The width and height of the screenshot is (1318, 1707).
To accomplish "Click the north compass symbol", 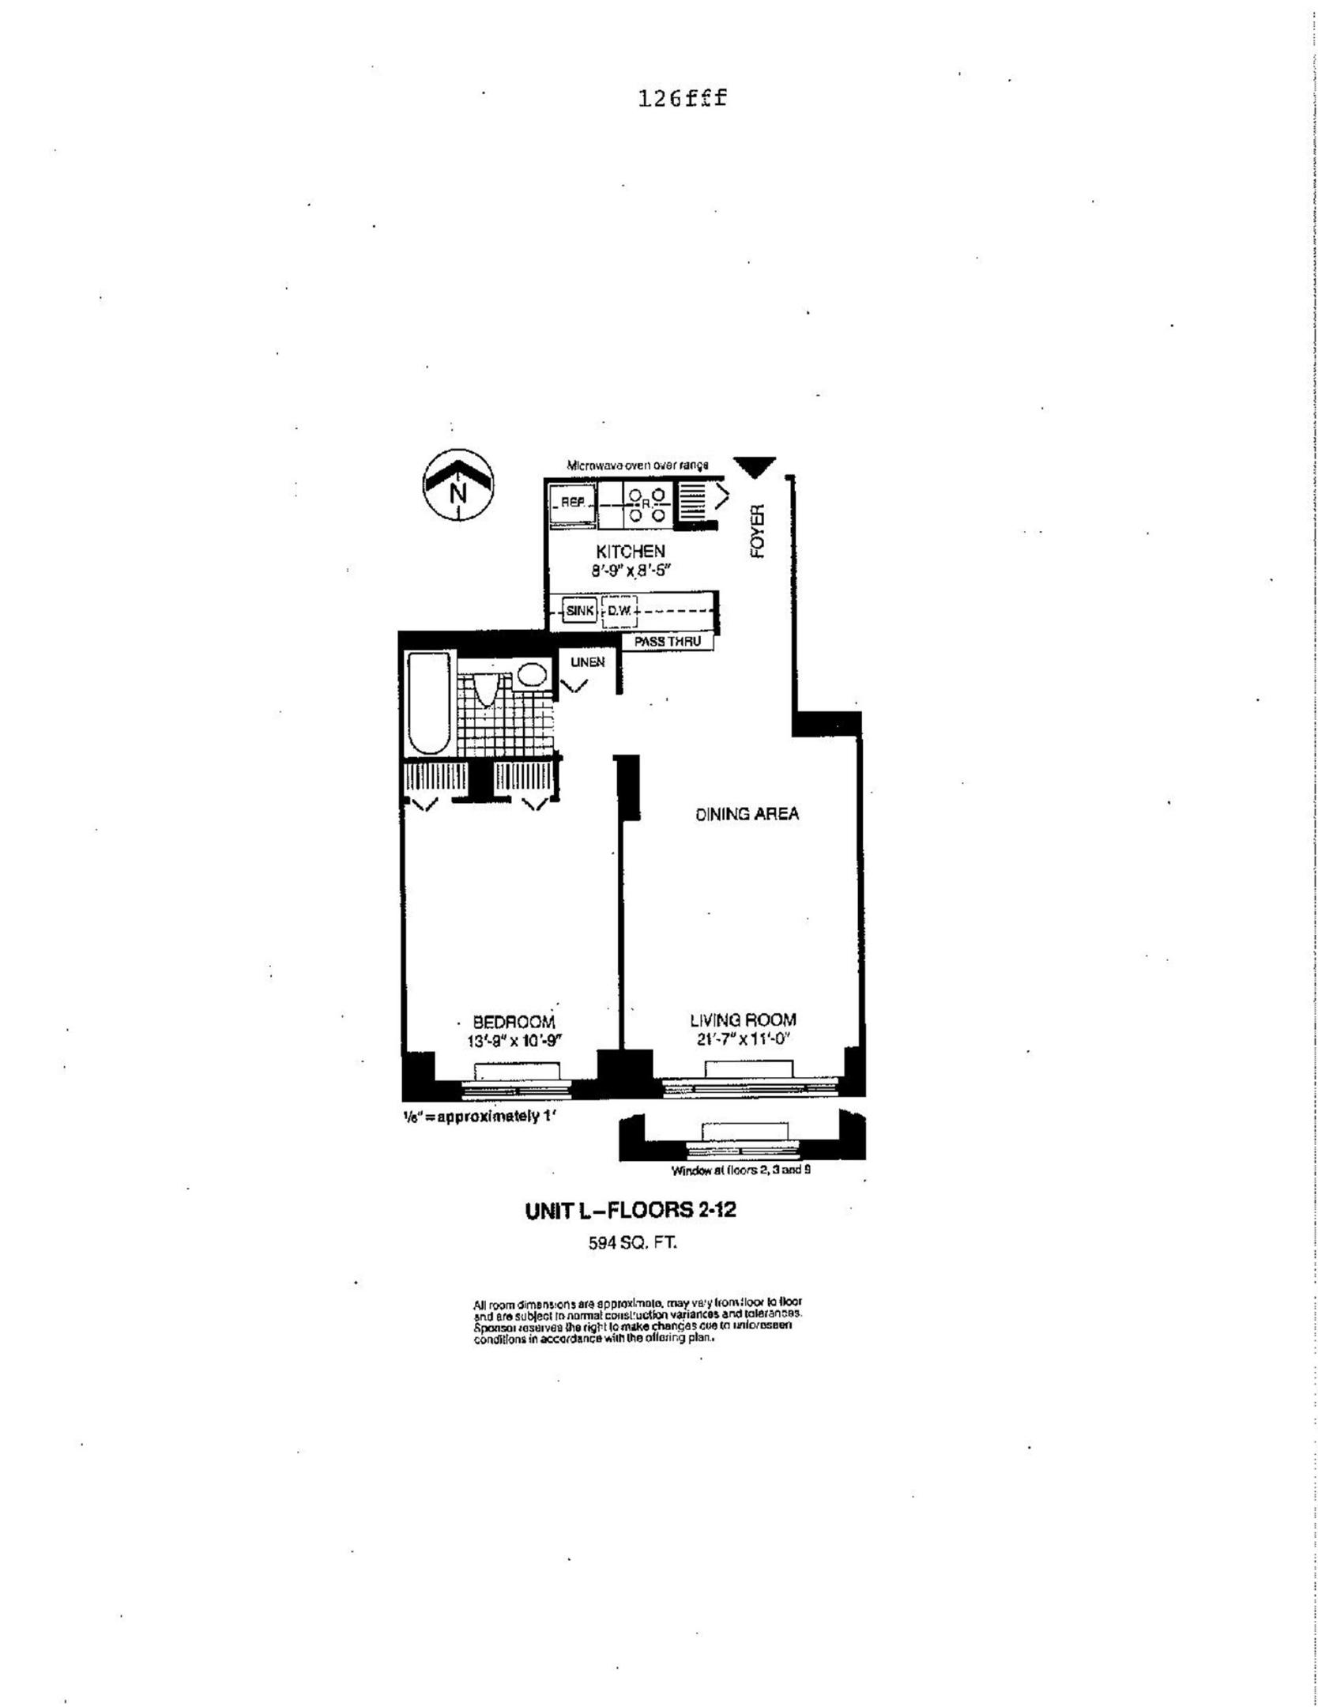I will (458, 484).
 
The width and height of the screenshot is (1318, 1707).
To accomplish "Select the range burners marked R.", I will (646, 504).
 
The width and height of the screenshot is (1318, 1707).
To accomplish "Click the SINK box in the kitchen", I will (579, 611).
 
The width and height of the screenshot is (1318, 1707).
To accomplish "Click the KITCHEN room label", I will (630, 551).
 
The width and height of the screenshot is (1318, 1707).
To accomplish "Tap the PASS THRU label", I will (668, 642).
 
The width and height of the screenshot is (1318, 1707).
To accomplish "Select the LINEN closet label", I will (587, 662).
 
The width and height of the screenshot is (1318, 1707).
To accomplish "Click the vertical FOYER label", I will (758, 532).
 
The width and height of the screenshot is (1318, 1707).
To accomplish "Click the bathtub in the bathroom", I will (429, 703).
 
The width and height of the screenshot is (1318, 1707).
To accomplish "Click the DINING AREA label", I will (747, 814).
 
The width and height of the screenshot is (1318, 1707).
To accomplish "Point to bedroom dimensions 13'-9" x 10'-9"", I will (513, 1041).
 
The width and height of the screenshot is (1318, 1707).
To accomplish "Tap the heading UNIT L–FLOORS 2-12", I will (630, 1210).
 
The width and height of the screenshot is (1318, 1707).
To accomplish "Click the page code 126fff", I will (681, 99).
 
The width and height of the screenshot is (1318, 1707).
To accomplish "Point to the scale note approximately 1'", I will (480, 1117).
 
